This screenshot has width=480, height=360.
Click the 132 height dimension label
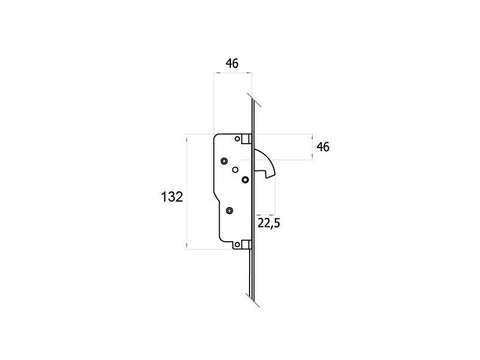coord(172,197)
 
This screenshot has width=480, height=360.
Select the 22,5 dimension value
coord(269,223)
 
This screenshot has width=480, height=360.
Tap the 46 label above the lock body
coord(232,64)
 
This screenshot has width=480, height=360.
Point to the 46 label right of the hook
coord(323,147)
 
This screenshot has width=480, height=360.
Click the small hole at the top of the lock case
coord(237,139)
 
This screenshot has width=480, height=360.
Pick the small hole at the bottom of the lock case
coord(237,245)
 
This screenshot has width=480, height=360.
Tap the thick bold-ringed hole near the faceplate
coord(245,179)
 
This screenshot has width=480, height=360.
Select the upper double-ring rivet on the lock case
coord(224,161)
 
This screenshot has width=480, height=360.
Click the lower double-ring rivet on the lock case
coord(229,211)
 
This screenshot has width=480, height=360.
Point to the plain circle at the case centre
coord(235,170)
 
